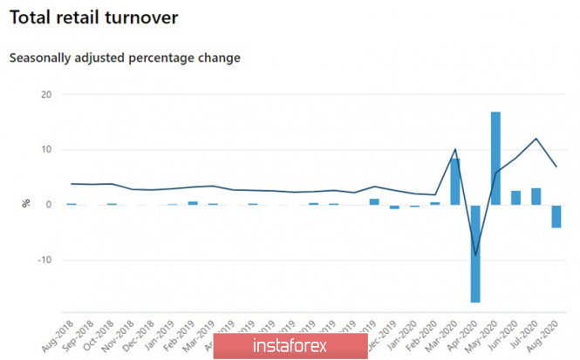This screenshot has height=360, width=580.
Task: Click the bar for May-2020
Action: [495, 159]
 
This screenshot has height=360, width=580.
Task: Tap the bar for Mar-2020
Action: [455, 181]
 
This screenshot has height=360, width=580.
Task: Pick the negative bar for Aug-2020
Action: [556, 216]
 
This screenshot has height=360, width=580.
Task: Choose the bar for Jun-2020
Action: [515, 198]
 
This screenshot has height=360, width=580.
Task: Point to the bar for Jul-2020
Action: [536, 196]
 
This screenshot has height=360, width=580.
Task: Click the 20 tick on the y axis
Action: [46, 94]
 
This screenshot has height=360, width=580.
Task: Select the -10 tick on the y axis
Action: [44, 260]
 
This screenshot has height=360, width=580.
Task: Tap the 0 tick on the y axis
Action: [50, 205]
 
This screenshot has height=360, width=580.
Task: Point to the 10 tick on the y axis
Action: [46, 150]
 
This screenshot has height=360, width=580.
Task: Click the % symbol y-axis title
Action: [26, 203]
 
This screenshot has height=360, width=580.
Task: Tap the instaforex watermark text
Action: [290, 345]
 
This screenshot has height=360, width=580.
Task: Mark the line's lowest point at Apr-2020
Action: [475, 255]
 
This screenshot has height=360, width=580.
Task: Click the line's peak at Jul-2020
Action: [536, 139]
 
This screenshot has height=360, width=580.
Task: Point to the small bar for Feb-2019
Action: [193, 203]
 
